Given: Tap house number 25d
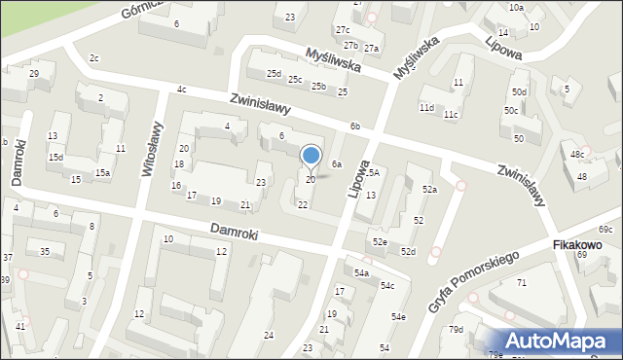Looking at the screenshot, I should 275,73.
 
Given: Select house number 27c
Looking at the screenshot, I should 343,30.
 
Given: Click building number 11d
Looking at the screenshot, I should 426,107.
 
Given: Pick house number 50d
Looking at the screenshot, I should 520,92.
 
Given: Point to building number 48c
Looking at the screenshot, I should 578,154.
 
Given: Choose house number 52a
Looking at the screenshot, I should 429,190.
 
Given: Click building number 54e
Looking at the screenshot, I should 398,317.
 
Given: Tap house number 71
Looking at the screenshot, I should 522,282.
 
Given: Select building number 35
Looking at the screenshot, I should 45,252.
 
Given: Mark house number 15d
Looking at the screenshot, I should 56,158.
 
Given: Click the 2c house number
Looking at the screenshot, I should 93,58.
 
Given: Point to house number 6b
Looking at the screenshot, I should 355,126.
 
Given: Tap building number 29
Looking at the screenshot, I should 34,74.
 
